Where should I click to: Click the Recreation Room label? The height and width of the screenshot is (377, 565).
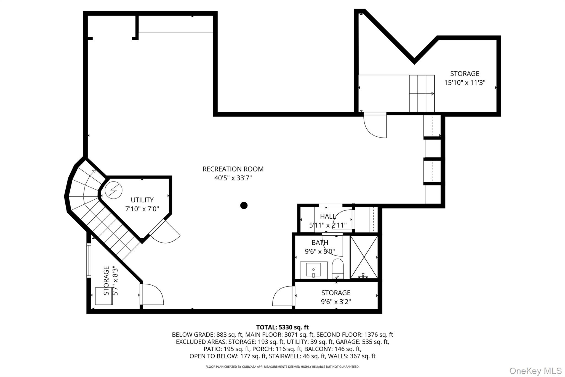[x=233, y=169]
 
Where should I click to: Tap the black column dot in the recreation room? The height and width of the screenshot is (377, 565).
[x=244, y=205]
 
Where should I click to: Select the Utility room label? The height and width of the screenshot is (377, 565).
[x=142, y=200]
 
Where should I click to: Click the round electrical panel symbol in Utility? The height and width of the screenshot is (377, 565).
[x=113, y=190]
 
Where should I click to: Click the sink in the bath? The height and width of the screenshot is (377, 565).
[x=313, y=270]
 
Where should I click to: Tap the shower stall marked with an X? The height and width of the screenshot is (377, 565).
[x=364, y=257]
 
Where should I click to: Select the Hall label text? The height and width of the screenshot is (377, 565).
[x=328, y=216]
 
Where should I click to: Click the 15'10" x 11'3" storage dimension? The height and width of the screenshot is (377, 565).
[x=465, y=83]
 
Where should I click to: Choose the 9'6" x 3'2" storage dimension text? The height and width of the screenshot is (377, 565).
[x=336, y=302]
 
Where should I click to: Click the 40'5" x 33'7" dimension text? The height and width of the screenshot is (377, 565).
[x=233, y=178]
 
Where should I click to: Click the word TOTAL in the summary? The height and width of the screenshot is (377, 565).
[x=266, y=327]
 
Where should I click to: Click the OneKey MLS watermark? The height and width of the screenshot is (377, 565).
[x=535, y=371]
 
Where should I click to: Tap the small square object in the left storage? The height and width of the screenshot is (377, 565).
[x=104, y=296]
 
